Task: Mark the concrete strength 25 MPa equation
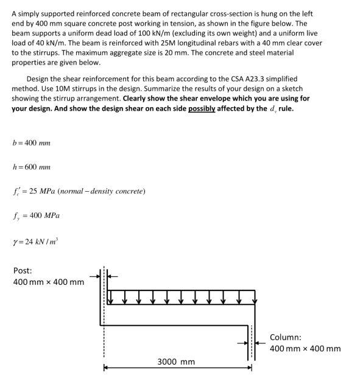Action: click(79, 191)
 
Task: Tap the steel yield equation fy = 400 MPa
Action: click(36, 215)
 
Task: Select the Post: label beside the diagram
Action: click(23, 271)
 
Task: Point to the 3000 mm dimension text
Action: click(177, 362)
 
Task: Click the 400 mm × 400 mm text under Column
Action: click(305, 348)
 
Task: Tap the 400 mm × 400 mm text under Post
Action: click(49, 282)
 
